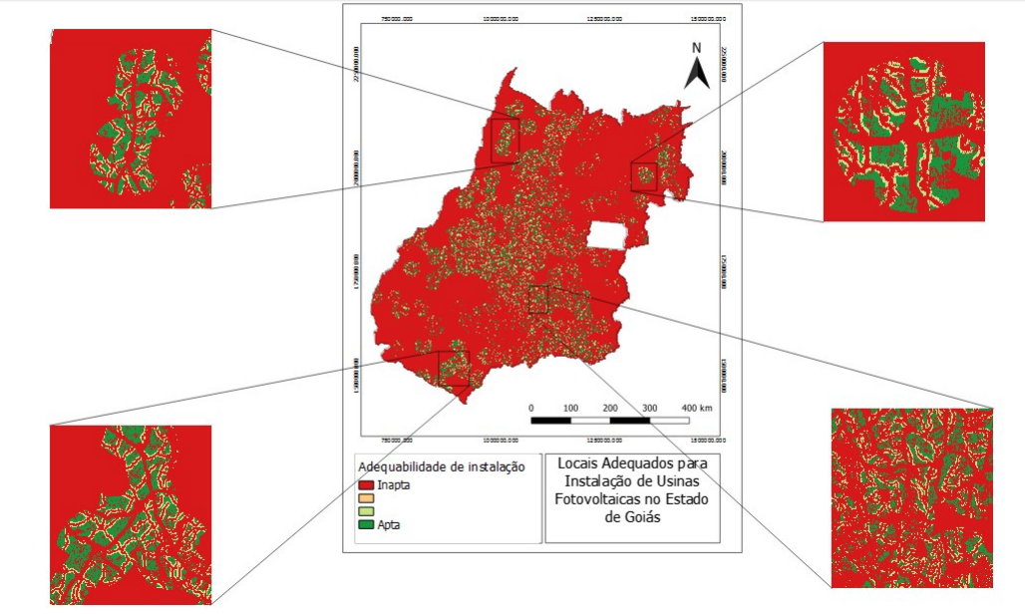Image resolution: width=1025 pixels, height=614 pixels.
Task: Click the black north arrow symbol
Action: [x=697, y=72]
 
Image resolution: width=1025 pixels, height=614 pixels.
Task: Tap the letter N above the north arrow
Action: [x=697, y=47]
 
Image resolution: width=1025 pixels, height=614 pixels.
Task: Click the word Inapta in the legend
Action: [x=395, y=484]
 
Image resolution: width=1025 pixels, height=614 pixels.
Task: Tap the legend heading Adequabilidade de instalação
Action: [x=441, y=466]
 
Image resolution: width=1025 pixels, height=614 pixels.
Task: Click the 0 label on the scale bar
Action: [x=531, y=408]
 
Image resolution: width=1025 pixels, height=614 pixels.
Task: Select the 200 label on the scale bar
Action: [x=610, y=408]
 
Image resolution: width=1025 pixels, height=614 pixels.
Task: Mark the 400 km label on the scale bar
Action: [x=697, y=408]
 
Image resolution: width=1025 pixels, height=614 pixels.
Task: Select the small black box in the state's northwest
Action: [x=505, y=140]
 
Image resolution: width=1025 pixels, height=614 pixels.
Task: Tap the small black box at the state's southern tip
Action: [x=454, y=368]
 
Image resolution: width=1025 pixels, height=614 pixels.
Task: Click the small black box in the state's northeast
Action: [x=644, y=177]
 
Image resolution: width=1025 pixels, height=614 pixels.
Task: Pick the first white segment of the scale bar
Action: [x=590, y=421]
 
